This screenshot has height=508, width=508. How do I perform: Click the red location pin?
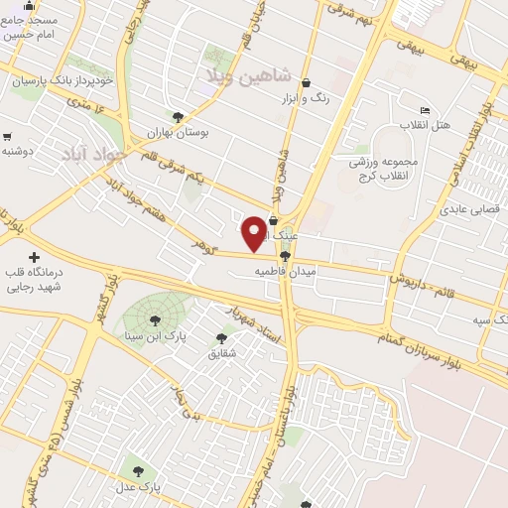pyautogui.click(x=254, y=232)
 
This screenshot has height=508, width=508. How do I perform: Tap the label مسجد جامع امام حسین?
pyautogui.click(x=30, y=27)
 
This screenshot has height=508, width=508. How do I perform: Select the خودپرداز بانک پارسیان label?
pyautogui.click(x=63, y=80)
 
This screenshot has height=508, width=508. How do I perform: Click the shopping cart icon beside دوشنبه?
pyautogui.click(x=8, y=137)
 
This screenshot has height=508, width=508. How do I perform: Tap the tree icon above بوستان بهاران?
pyautogui.click(x=178, y=117)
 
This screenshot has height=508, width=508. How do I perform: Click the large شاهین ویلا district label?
pyautogui.click(x=246, y=74)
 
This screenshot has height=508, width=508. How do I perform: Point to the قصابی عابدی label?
pyautogui.click(x=472, y=209)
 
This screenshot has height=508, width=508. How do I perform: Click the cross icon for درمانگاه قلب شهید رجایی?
pyautogui.click(x=35, y=257)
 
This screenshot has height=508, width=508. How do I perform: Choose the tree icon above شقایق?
pyautogui.click(x=220, y=338)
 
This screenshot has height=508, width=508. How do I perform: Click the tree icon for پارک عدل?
pyautogui.click(x=137, y=471)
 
